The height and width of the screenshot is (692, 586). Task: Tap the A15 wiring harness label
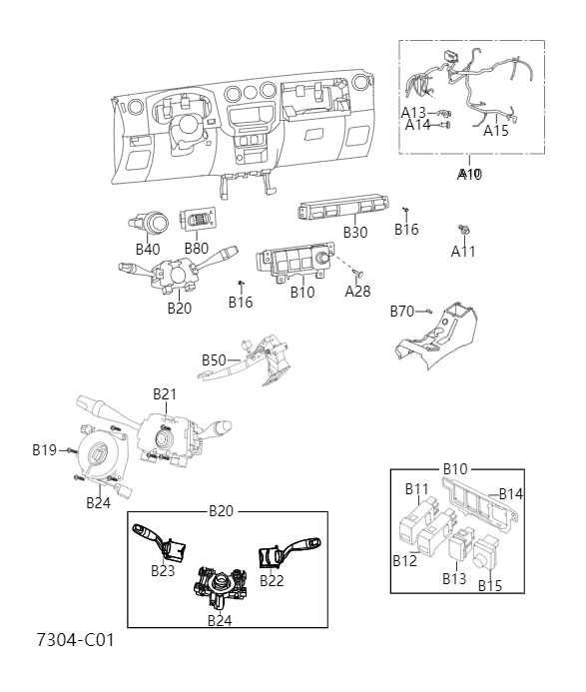[496, 129]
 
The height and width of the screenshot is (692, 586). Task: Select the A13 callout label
[414, 112]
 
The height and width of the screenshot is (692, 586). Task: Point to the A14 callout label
[418, 125]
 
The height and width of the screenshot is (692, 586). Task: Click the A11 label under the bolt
[463, 251]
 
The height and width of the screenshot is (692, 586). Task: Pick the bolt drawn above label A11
[463, 230]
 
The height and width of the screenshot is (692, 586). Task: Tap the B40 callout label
[148, 249]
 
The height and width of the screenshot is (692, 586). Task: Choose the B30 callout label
[355, 232]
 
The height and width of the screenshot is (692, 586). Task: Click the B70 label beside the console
[401, 312]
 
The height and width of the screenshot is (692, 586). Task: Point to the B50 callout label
[215, 359]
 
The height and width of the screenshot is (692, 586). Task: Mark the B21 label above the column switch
[164, 394]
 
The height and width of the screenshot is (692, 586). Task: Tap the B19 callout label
[44, 450]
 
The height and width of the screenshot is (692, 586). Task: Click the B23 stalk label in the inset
[163, 571]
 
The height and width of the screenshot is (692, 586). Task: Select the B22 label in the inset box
[273, 580]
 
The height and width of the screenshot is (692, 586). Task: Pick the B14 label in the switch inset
[511, 493]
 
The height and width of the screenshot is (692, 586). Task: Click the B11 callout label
[417, 488]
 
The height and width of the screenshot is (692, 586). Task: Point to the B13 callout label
[455, 578]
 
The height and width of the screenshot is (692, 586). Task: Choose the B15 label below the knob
[489, 585]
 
